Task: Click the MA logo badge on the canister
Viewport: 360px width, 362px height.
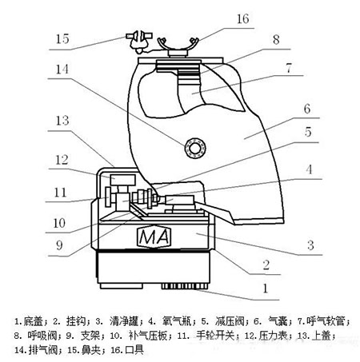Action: (x=154, y=237)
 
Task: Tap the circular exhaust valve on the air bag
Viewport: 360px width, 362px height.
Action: (x=195, y=148)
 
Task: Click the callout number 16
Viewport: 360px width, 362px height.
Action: (x=242, y=19)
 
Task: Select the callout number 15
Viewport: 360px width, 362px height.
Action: (x=62, y=39)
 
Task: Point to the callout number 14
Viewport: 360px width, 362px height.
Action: (x=62, y=70)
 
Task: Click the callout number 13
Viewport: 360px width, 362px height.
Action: (x=62, y=121)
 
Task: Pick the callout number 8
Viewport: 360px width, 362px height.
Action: (x=276, y=40)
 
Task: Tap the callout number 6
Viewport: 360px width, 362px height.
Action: (x=307, y=109)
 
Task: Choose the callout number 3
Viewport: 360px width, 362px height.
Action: (x=310, y=245)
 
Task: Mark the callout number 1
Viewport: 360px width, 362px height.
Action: (x=265, y=288)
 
